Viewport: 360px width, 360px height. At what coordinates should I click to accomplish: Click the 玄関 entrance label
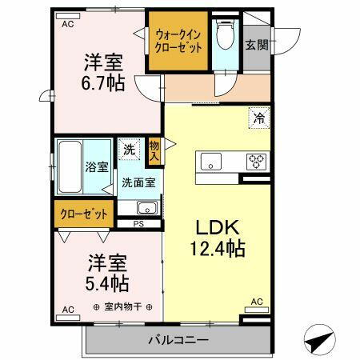point(256,44)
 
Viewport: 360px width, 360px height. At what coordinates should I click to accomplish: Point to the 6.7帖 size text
point(103,82)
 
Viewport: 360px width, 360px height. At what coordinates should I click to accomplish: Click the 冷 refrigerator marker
point(258,117)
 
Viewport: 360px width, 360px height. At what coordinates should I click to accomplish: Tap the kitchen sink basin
point(211,160)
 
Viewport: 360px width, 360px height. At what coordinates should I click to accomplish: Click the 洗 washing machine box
point(129,150)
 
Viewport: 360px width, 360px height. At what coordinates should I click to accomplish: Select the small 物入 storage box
point(154,150)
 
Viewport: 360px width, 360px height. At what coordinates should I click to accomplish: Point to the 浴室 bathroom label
point(96,168)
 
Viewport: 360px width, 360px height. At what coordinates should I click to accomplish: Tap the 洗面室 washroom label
point(138,182)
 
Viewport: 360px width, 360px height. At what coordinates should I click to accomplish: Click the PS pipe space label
point(138,223)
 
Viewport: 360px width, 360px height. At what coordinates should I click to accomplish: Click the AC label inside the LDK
point(258,301)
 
